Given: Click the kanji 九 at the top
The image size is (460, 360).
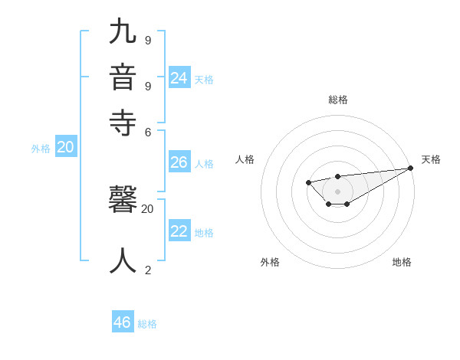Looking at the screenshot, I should [x=123, y=32].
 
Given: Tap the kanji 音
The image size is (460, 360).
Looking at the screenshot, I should [x=123, y=78].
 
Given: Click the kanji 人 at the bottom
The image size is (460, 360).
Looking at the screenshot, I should [x=123, y=260].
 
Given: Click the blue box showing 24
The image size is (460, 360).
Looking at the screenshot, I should [x=179, y=77].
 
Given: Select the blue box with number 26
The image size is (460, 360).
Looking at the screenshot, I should [x=179, y=162].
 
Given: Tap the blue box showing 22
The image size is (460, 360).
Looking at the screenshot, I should [x=179, y=231].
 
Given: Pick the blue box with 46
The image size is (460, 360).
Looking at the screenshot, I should [x=123, y=322].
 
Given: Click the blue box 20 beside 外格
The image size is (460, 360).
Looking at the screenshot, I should [x=66, y=148].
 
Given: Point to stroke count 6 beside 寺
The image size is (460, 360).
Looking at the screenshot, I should [x=148, y=131].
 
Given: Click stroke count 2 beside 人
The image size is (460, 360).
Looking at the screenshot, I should [x=148, y=270].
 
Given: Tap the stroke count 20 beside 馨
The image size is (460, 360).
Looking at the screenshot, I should [x=148, y=208].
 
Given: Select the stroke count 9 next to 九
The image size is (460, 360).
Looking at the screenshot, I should [x=148, y=40].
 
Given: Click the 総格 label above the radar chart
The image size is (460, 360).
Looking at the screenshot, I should [x=338, y=100].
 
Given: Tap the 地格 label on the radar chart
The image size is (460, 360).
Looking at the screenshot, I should [x=402, y=262].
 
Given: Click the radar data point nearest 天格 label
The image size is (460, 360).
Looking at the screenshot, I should [x=410, y=168].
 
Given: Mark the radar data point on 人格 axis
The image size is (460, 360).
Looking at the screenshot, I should [x=308, y=182].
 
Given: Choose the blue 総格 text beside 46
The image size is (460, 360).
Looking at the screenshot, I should [x=147, y=324].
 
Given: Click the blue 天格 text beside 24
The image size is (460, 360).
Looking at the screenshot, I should [x=204, y=79].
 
